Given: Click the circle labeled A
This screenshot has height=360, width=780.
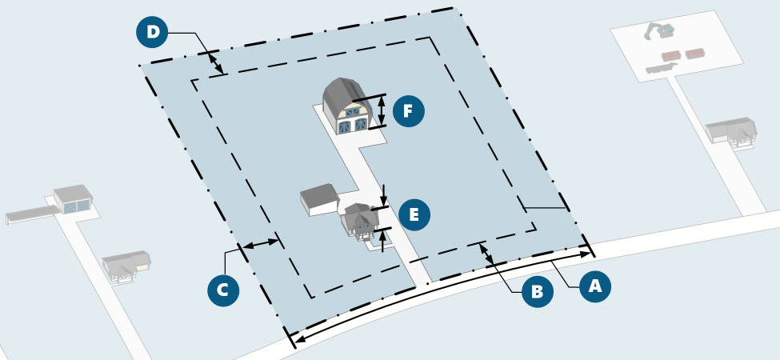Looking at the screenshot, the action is (x=594, y=286).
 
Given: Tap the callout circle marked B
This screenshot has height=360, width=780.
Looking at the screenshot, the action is (x=537, y=291).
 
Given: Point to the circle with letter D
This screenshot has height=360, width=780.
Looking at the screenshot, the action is (x=152, y=33).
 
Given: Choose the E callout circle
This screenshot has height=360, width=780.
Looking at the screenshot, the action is (x=414, y=214).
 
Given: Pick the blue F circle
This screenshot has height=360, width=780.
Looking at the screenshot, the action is (x=408, y=111).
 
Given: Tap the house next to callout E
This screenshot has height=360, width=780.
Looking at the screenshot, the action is (x=361, y=220).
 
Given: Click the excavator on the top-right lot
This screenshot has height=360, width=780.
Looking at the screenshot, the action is (x=659, y=32).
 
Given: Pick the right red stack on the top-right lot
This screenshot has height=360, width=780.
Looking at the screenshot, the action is (x=695, y=53).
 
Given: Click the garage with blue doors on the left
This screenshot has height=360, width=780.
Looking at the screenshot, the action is (x=74, y=200).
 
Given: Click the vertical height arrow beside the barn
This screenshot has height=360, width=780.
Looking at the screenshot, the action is (x=382, y=111).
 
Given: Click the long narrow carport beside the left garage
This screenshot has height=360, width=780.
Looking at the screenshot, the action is (x=30, y=214).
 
